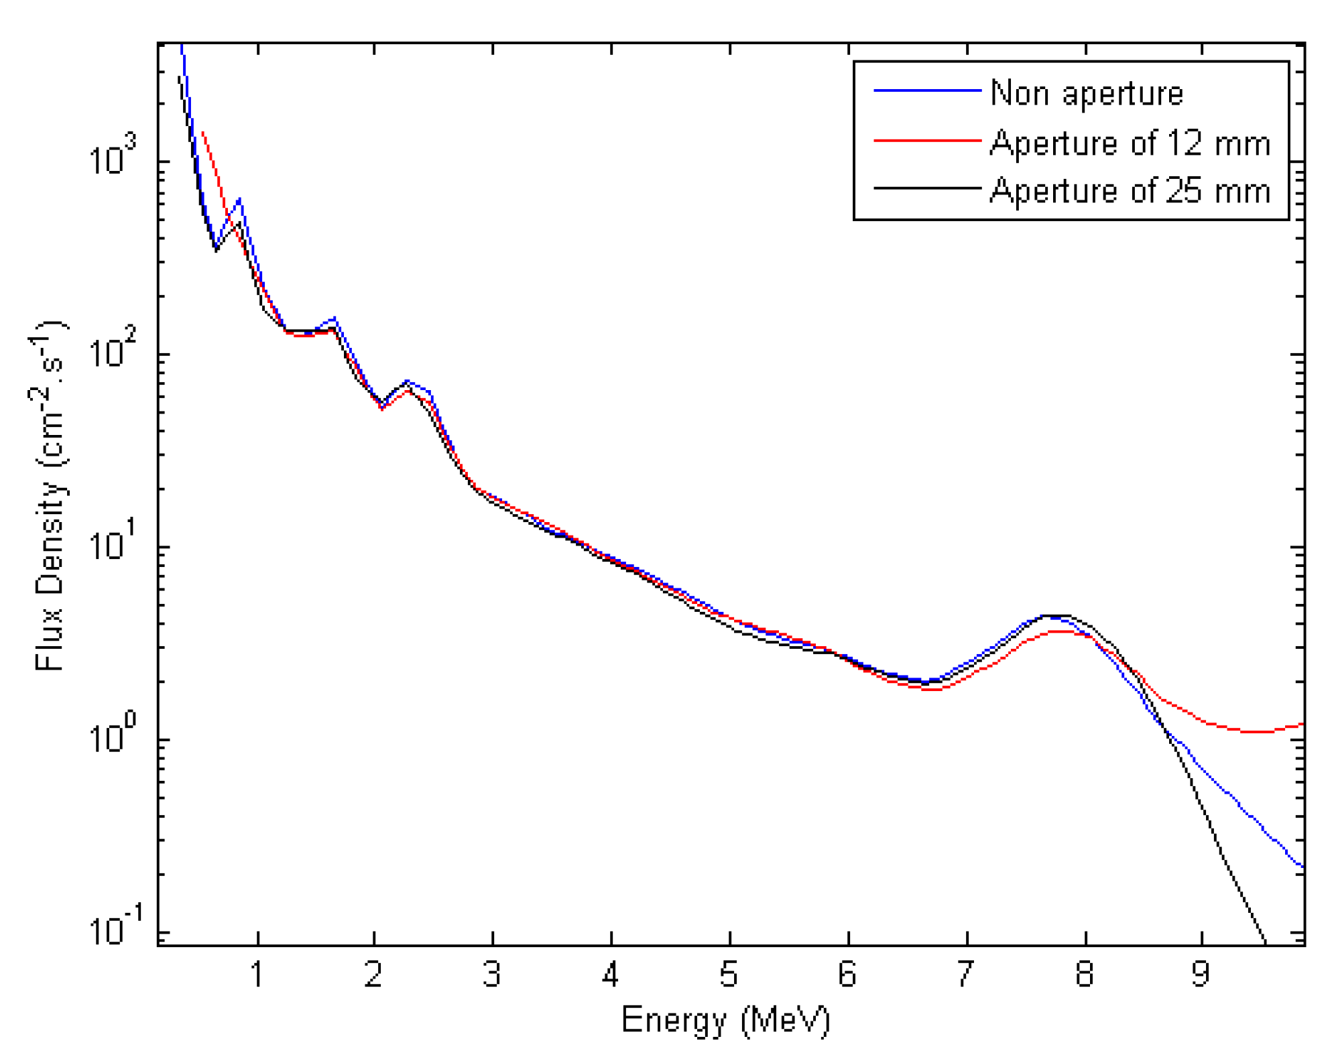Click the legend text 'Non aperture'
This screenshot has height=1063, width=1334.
pos(1086,92)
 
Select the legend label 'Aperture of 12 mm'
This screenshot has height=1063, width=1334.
pos(1130,143)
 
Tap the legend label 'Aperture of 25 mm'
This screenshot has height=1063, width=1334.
pos(1130,190)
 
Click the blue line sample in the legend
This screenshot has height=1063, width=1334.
pos(927,90)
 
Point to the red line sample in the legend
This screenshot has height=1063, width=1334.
pos(927,140)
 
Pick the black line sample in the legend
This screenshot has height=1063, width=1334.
pos(927,188)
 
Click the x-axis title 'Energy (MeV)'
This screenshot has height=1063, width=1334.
pos(725,1021)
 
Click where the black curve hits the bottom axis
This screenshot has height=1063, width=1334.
pos(1264,943)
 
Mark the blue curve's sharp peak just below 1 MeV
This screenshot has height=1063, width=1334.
pos(239,200)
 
